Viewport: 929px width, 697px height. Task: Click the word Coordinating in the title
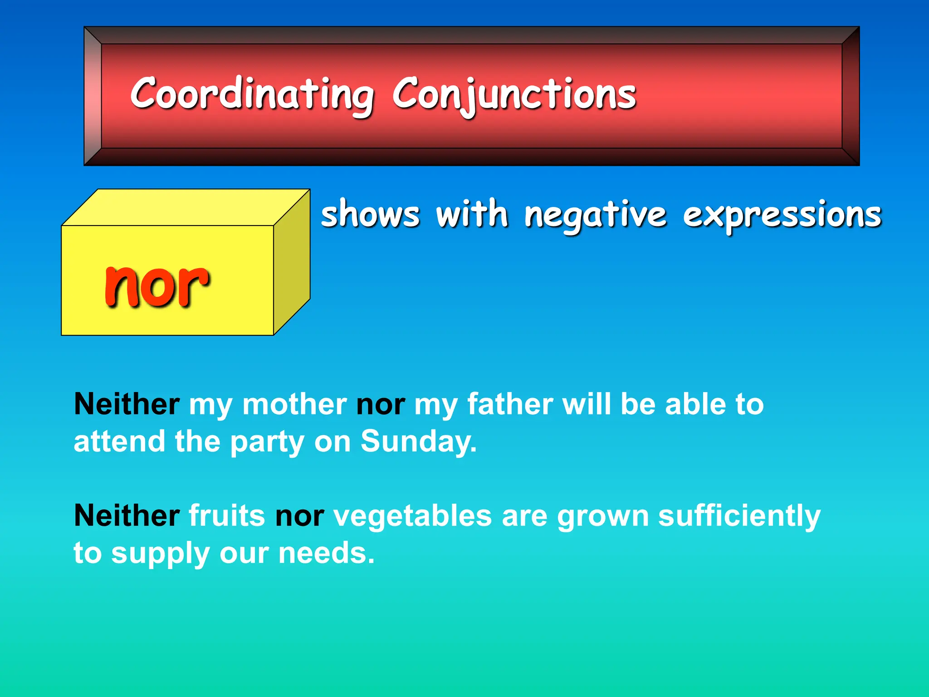click(x=252, y=94)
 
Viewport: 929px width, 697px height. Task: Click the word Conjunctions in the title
click(x=514, y=94)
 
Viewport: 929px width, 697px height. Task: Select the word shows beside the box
click(x=370, y=214)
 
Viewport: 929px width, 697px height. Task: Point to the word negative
click(x=595, y=215)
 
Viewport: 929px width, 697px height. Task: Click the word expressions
click(x=782, y=215)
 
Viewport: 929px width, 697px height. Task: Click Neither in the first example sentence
click(x=127, y=404)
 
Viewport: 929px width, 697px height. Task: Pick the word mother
click(x=294, y=404)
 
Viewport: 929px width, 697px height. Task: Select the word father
click(x=510, y=404)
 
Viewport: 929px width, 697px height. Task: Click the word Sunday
click(x=418, y=442)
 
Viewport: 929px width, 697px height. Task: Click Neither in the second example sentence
click(x=127, y=515)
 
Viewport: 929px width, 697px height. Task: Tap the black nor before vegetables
click(x=299, y=516)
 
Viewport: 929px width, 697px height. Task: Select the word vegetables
click(x=412, y=516)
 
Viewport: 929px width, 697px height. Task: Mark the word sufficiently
click(x=739, y=516)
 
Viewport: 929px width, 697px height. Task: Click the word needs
click(x=326, y=553)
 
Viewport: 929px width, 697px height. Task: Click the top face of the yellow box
click(x=186, y=207)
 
